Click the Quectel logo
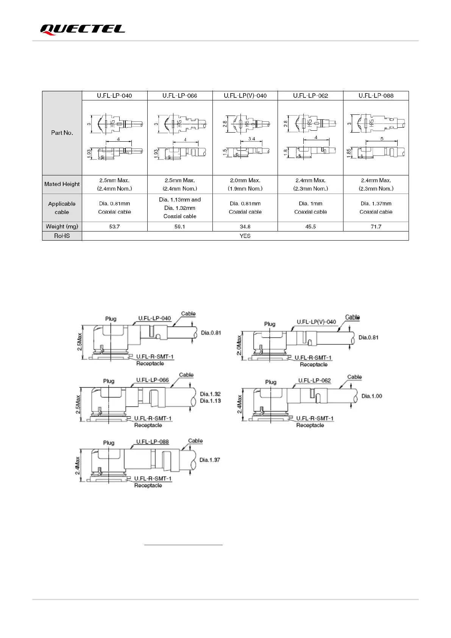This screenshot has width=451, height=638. pos(83,30)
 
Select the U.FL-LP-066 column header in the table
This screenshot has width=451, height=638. pos(180,95)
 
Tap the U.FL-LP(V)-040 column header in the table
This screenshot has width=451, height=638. pos(245,95)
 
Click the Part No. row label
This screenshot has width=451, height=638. pos(62,133)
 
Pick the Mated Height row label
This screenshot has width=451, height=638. pos(62,184)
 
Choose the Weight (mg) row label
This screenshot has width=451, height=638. pos(62,227)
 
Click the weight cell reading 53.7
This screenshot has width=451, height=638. pos(114,227)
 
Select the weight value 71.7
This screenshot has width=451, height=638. pos(376,227)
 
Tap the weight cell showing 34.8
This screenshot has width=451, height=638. pos(245,227)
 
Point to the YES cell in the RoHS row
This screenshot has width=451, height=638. pos(245,236)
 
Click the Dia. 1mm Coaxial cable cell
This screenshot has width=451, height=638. pos(311,208)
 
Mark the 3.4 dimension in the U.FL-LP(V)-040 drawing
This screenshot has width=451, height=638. pos(251,139)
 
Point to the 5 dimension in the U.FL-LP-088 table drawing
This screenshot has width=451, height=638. pos(382,139)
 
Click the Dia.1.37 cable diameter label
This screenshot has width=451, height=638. pos(210,460)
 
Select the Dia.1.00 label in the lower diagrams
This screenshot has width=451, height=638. pos(371,396)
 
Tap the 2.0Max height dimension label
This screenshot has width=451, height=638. pos(239,345)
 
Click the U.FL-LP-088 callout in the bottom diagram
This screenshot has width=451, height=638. pos(153,442)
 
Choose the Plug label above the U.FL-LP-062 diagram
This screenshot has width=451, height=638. pos(271,382)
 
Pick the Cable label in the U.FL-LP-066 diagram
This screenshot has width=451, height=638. pos(186,375)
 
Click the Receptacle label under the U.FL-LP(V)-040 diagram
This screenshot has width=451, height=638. pos(314,364)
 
